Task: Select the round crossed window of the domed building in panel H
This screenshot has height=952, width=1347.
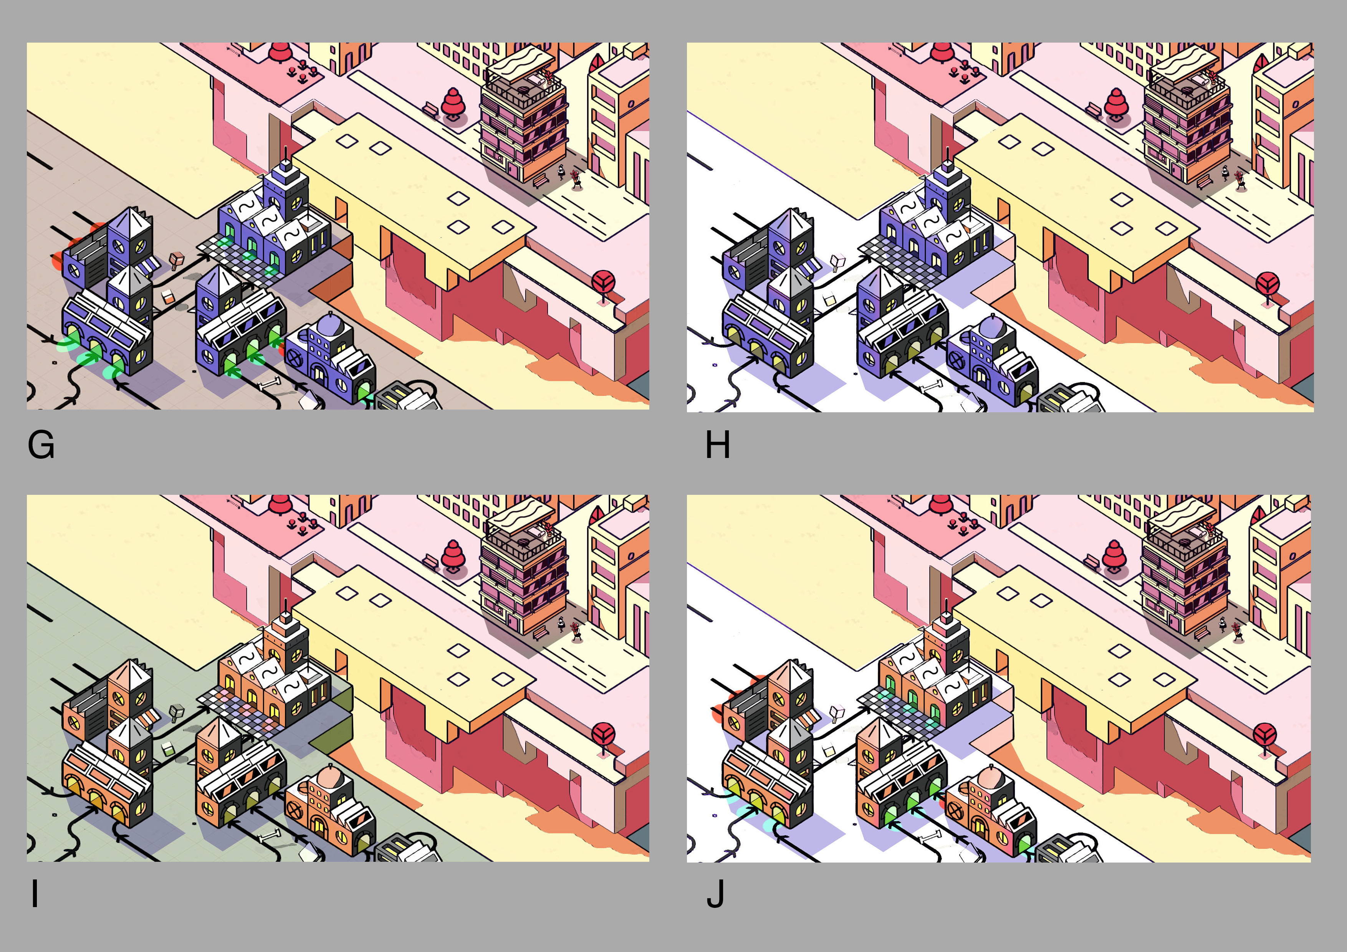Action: (x=956, y=360)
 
